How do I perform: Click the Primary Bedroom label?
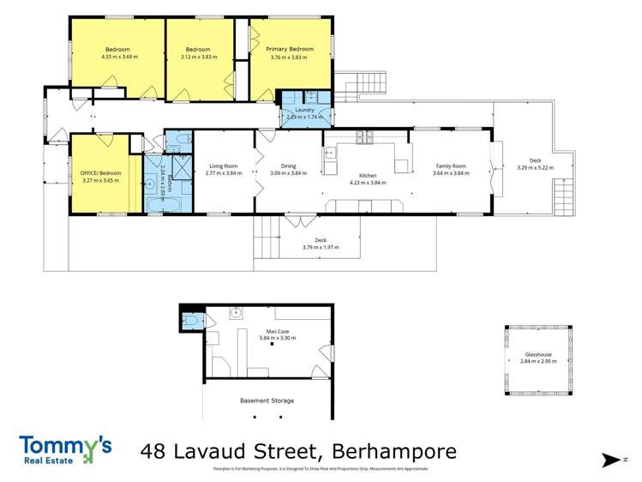291,50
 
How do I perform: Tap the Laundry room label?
305,110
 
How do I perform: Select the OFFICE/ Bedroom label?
100,173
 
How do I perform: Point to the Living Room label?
224,166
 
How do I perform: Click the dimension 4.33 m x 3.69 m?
119,57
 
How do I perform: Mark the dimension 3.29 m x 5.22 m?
535,168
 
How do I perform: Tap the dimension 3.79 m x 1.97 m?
321,248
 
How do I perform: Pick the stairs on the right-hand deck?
563,202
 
